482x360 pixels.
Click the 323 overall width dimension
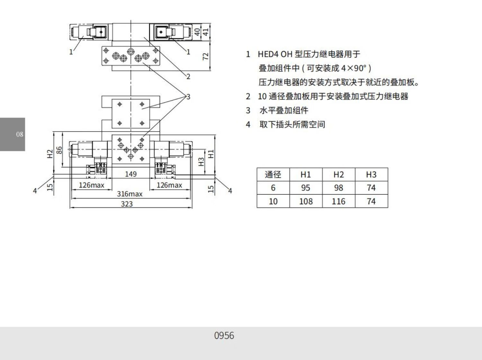(x=127, y=204)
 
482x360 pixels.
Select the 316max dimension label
(x=129, y=194)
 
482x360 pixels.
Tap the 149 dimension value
(x=131, y=174)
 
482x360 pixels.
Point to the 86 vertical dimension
(x=59, y=150)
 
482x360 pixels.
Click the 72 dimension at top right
(x=206, y=56)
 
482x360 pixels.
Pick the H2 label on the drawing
(x=50, y=154)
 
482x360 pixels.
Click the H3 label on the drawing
(x=201, y=162)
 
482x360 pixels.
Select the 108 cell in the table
(x=306, y=201)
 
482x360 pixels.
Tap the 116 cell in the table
(x=338, y=201)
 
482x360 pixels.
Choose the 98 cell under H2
(x=338, y=188)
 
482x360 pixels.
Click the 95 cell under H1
(x=306, y=188)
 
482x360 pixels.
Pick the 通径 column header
(x=273, y=175)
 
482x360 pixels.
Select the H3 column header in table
(x=371, y=175)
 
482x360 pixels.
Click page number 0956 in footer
(x=224, y=336)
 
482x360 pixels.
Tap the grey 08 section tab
(x=13, y=134)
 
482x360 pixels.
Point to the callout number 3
(x=188, y=97)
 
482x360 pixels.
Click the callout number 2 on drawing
(x=188, y=76)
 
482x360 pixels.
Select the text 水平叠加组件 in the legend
(x=284, y=110)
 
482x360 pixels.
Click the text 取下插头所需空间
(x=292, y=125)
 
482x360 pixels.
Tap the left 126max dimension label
(x=92, y=185)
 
